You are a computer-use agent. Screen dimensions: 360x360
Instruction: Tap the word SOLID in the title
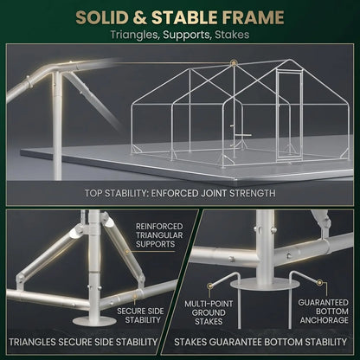[102, 17]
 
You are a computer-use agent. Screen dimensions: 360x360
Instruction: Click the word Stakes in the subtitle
[232, 35]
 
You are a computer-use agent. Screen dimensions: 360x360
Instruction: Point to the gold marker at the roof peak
[234, 62]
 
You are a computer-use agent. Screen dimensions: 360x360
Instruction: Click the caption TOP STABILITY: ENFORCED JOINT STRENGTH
[180, 193]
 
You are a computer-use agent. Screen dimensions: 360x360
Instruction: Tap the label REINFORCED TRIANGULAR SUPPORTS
[159, 235]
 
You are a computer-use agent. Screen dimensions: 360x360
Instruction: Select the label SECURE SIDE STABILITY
[140, 315]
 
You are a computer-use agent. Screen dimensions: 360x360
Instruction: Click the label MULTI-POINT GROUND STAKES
[209, 312]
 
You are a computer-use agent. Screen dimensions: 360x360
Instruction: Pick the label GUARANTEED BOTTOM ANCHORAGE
[324, 312]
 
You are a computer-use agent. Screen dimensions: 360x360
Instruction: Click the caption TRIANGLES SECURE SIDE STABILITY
[83, 342]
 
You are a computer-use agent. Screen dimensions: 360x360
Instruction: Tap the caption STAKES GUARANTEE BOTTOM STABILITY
[260, 342]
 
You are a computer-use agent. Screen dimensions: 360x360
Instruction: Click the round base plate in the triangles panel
[94, 321]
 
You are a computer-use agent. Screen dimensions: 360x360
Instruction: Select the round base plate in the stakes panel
[265, 285]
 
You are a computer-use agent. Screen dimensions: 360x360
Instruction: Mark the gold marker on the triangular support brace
[126, 252]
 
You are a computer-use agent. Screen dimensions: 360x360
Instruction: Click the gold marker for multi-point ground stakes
[210, 286]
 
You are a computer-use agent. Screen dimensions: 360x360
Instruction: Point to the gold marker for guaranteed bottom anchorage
[319, 282]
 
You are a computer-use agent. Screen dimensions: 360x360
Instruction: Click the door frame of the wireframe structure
[288, 115]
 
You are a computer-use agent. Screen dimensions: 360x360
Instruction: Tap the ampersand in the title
[140, 17]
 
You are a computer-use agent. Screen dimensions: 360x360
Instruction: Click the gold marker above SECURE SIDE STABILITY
[134, 296]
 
